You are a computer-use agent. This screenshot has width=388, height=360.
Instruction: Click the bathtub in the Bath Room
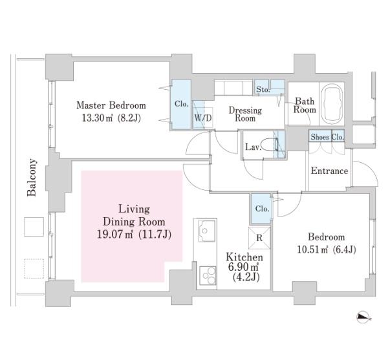(x=332, y=104)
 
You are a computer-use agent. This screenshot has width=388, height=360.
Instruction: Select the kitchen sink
(x=207, y=231)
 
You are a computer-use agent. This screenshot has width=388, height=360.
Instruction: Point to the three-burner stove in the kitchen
(x=208, y=275)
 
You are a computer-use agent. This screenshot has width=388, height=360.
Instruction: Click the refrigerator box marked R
(x=259, y=238)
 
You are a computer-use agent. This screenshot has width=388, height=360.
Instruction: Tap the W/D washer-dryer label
(x=202, y=118)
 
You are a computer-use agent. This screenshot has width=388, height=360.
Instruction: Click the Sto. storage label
(x=263, y=89)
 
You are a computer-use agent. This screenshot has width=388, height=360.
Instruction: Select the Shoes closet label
(x=320, y=137)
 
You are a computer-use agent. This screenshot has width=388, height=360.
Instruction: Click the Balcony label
(x=32, y=177)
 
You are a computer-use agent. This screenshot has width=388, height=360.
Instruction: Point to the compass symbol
(x=363, y=317)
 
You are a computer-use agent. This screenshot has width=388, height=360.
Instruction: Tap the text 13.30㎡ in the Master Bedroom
(x=97, y=118)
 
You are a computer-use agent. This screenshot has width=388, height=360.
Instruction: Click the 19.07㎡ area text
(x=115, y=235)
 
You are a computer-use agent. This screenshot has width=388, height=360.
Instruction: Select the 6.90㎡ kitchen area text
(x=244, y=268)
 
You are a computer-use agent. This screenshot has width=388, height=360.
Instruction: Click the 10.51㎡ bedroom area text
(x=312, y=249)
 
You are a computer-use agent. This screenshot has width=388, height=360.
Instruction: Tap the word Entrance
(x=329, y=171)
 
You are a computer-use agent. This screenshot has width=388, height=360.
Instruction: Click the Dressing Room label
(x=245, y=114)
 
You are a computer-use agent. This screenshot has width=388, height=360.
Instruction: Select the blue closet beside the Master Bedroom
(x=181, y=104)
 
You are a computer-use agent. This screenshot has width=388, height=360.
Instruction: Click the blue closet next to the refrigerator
(x=262, y=209)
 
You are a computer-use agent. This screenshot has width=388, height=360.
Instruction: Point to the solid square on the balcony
(x=34, y=227)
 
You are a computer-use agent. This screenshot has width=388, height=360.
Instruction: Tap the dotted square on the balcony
(x=34, y=269)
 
